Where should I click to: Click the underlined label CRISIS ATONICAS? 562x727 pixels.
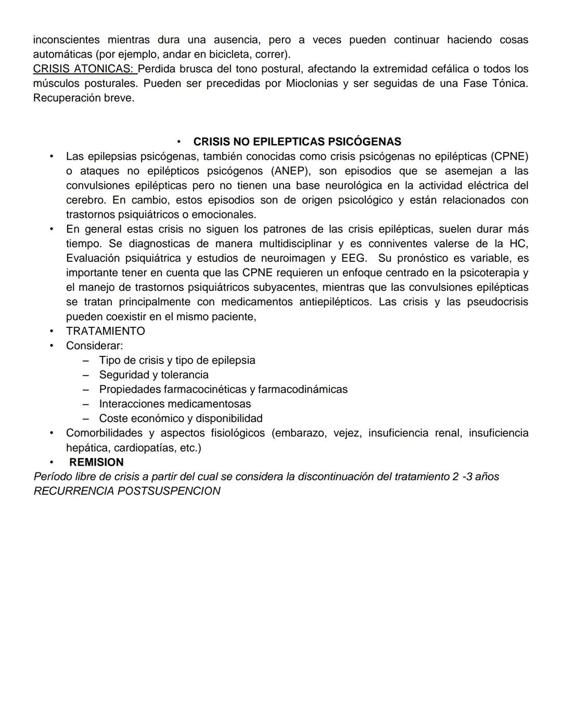pos(83,69)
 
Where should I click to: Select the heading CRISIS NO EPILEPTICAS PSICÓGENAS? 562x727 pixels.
pos(297,142)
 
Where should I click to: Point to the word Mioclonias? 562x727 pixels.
pos(312,83)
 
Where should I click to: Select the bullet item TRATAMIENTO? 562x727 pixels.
pos(105,331)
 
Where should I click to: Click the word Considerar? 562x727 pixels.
pos(94,346)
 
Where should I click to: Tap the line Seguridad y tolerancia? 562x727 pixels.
pos(154,375)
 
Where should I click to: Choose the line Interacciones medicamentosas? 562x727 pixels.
pos(175,404)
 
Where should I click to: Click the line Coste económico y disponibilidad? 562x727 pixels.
pos(181,418)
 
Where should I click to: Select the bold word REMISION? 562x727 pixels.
pos(96,462)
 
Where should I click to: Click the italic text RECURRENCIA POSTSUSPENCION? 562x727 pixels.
pos(127,491)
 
